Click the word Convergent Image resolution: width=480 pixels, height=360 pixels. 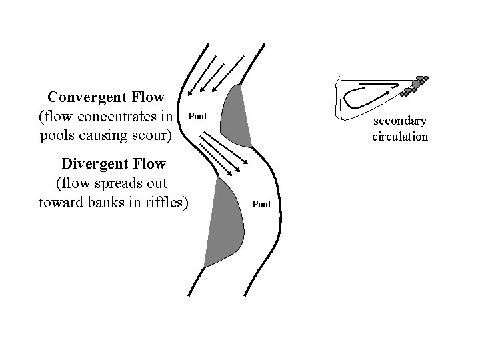coord(89,97)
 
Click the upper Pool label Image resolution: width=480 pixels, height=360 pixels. coord(198,117)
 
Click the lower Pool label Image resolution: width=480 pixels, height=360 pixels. coord(261,203)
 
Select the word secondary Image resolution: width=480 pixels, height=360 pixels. coord(400,121)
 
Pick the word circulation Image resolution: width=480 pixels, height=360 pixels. coord(400,137)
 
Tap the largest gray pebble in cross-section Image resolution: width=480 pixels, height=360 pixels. coord(416,85)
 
